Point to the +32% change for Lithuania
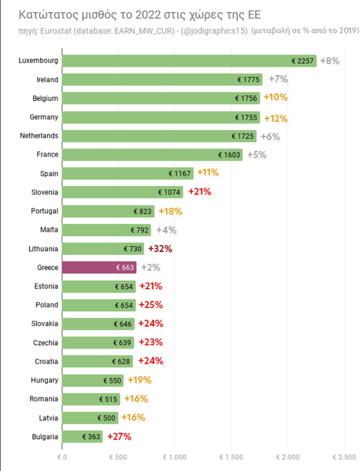[160, 248]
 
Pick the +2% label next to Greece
[150, 267]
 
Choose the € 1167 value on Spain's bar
[180, 174]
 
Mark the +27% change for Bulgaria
[119, 437]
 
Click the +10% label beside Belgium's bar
[275, 98]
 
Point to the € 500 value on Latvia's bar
[106, 418]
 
